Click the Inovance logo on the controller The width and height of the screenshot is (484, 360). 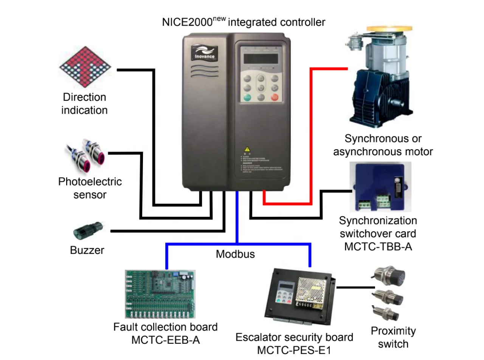click(x=204, y=53)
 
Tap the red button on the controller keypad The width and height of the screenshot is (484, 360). click(x=275, y=97)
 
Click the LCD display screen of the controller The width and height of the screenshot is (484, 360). click(x=261, y=59)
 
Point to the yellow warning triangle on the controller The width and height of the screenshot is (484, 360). click(x=247, y=150)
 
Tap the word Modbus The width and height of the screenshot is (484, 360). click(x=235, y=254)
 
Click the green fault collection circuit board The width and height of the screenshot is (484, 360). click(x=160, y=294)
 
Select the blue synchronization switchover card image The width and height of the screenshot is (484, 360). click(x=380, y=187)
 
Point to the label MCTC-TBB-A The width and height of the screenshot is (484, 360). click(x=378, y=247)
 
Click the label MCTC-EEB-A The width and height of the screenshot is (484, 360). click(x=165, y=340)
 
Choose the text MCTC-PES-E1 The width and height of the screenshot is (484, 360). click(x=294, y=350)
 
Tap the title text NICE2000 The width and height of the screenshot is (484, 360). click(x=187, y=22)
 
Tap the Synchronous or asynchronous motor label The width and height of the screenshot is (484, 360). click(x=383, y=145)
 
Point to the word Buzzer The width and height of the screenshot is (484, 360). click(x=87, y=250)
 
